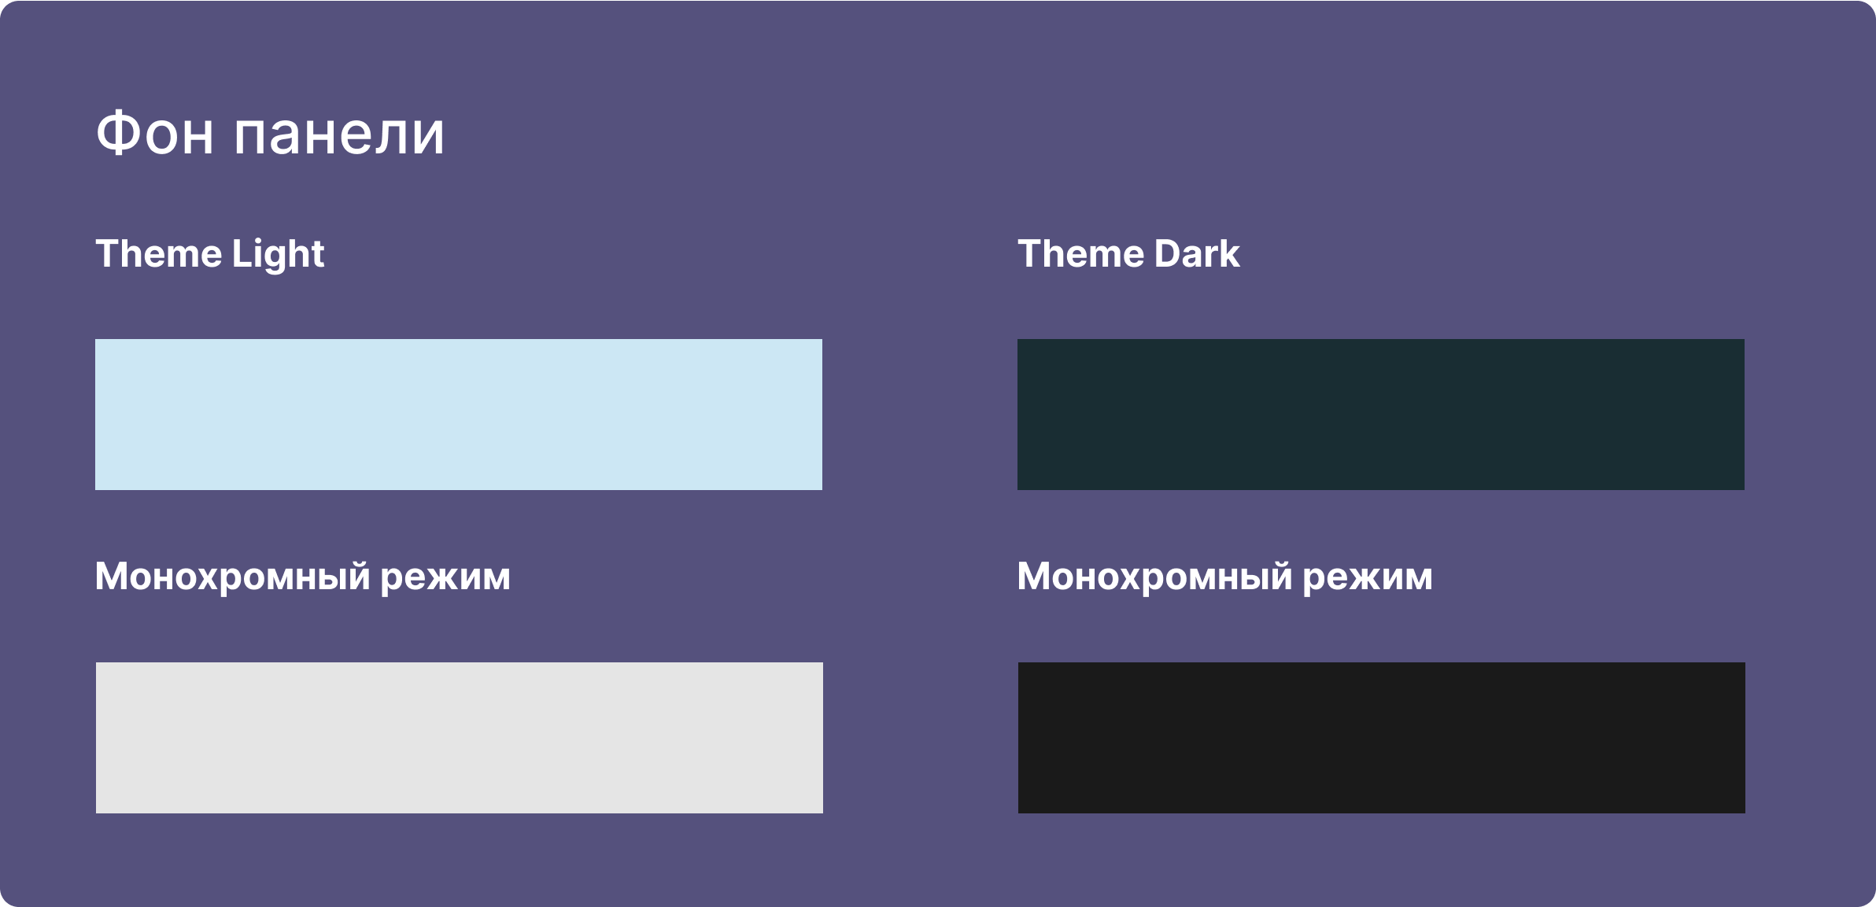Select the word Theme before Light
tap(159, 253)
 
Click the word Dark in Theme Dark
tap(1197, 253)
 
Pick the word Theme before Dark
tap(1081, 253)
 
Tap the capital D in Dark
tap(1167, 253)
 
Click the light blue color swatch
tap(459, 415)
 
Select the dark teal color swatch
tap(1381, 415)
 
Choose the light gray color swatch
tap(460, 738)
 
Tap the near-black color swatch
tap(1382, 738)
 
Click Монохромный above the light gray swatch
tap(233, 577)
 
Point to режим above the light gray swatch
tap(445, 580)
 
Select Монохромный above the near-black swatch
tap(1155, 577)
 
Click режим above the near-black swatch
tap(1368, 580)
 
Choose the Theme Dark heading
tap(1128, 253)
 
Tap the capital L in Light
tap(242, 253)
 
